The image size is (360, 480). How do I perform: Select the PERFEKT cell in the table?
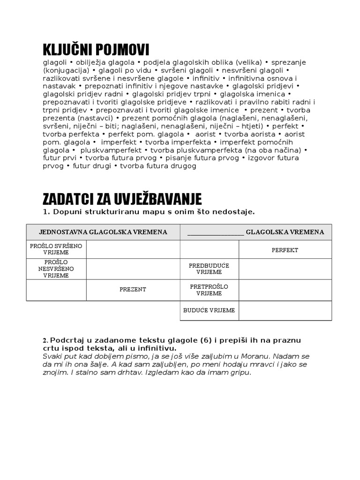[285, 250]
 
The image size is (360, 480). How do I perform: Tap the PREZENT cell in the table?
[133, 289]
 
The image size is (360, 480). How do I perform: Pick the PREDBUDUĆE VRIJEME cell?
[209, 269]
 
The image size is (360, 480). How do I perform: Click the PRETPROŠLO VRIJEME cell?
[209, 290]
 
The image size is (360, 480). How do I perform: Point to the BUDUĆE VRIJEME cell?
[209, 310]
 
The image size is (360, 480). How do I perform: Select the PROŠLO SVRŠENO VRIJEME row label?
[56, 249]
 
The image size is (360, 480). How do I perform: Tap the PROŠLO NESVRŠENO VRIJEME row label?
[56, 269]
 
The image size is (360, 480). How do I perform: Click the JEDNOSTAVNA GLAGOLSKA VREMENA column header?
[103, 232]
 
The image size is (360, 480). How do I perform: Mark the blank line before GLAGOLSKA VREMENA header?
[215, 232]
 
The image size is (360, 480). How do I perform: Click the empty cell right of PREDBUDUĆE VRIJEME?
[285, 269]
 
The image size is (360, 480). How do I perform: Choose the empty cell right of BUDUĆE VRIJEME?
[285, 310]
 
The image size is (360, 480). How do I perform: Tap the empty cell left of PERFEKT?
[209, 250]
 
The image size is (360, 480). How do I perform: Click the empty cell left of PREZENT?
[56, 290]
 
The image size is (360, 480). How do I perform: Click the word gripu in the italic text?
[239, 373]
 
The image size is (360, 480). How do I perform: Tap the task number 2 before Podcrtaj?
[45, 340]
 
